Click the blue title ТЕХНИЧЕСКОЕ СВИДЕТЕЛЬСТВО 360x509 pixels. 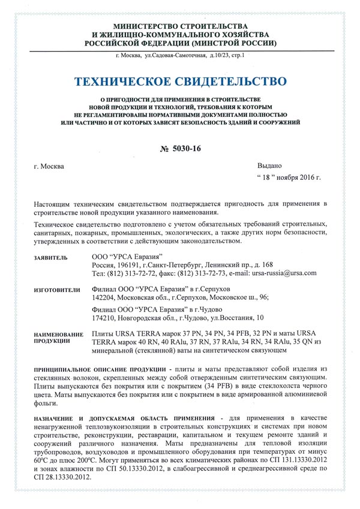point(180,81)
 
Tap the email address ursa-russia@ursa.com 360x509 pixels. point(284,273)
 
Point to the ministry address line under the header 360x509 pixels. point(180,56)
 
